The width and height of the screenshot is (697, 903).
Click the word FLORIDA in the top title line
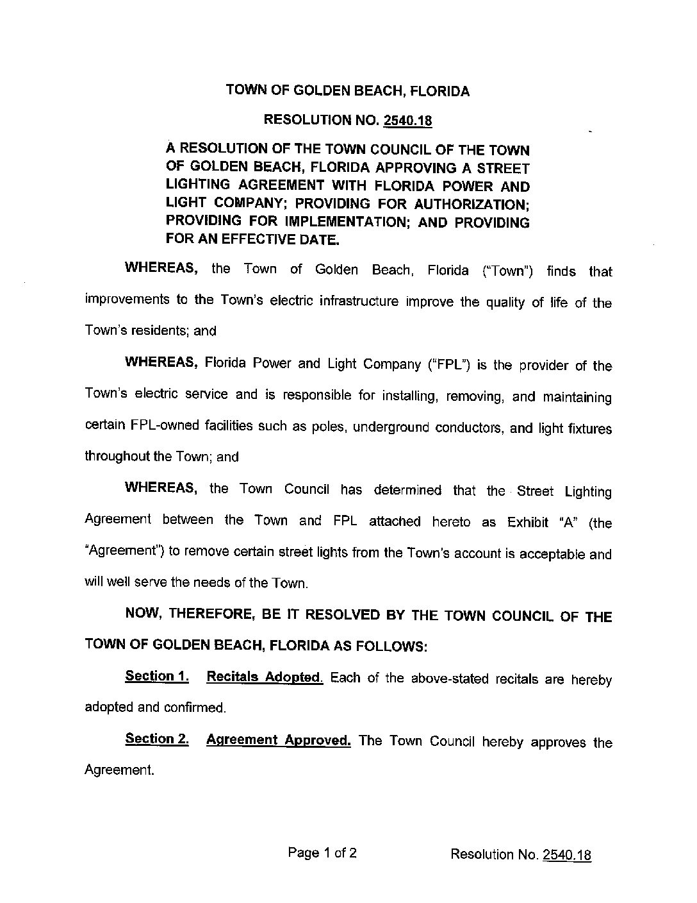coord(439,91)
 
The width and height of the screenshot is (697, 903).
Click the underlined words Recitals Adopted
coord(265,677)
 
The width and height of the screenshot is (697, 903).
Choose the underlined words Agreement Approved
coord(278,740)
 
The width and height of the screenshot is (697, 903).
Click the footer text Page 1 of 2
coord(322,853)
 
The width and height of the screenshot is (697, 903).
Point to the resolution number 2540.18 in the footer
coord(566,854)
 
